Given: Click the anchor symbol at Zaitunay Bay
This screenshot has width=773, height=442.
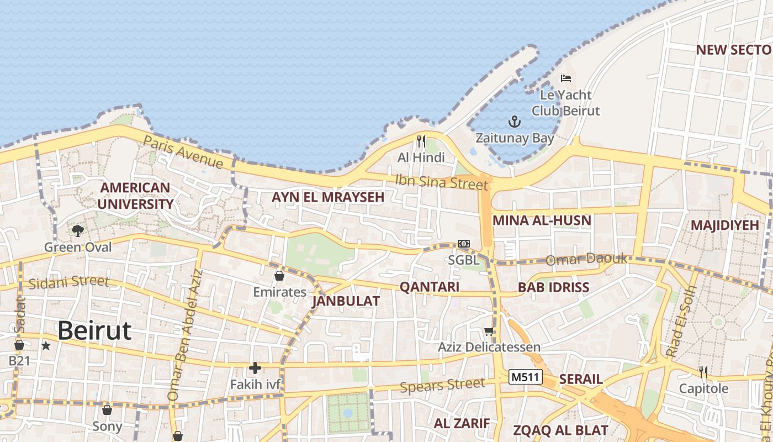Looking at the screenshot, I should [x=515, y=121].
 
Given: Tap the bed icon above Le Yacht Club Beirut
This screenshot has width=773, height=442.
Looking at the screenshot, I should [x=565, y=78].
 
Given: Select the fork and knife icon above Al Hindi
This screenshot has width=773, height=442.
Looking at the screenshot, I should [x=421, y=141].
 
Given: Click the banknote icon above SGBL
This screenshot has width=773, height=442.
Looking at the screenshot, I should [x=463, y=244].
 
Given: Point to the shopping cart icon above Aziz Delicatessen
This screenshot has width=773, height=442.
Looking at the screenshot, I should [x=489, y=331].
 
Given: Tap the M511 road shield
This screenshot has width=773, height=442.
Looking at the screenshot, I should [x=526, y=377].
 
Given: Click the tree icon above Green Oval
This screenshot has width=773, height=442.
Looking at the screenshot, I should [x=78, y=230].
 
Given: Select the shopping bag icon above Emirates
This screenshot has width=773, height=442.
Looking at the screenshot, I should [x=279, y=275].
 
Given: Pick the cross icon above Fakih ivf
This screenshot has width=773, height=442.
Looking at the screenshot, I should [x=255, y=367].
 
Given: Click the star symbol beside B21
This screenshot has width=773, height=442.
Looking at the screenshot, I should [x=46, y=346].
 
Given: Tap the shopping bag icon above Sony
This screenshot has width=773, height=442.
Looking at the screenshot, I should [x=107, y=410].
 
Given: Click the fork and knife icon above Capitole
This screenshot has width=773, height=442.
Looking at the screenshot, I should [x=703, y=372].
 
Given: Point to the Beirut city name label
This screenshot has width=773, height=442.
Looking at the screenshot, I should [x=94, y=330].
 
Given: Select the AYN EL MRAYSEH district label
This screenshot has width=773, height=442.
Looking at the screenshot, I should [x=328, y=197].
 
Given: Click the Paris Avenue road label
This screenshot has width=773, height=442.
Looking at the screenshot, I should [x=183, y=151].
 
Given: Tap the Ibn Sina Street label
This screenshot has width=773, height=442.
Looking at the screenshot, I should [x=442, y=181].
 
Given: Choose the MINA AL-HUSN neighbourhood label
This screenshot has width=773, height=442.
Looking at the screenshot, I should [x=542, y=220].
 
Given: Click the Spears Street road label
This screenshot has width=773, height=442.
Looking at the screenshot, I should [x=443, y=385].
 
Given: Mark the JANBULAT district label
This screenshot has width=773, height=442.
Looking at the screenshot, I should [x=346, y=301].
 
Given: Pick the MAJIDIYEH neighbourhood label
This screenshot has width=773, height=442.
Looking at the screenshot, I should [x=724, y=225].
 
